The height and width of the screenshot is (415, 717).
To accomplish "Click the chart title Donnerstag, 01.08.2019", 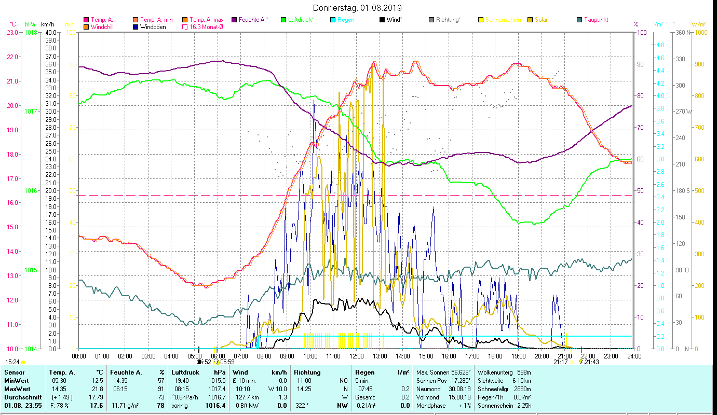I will tap(357, 8).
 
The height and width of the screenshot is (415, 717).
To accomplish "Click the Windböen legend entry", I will tap(153, 26).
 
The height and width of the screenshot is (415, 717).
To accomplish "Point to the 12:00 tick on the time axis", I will tap(357, 356).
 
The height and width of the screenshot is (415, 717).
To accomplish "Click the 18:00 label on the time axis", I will tap(495, 356).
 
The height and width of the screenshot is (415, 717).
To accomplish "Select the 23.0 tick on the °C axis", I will tap(12, 32).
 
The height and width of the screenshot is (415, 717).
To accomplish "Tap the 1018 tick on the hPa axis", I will tap(31, 32).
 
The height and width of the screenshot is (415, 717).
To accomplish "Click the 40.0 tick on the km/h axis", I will tap(50, 32).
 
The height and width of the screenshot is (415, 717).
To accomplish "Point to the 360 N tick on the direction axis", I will tap(682, 32).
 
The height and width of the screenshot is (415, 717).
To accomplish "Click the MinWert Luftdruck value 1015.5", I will tap(216, 381).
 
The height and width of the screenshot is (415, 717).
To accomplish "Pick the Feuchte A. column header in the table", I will tap(125, 372).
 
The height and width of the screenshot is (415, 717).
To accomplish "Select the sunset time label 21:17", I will tap(560, 362).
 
